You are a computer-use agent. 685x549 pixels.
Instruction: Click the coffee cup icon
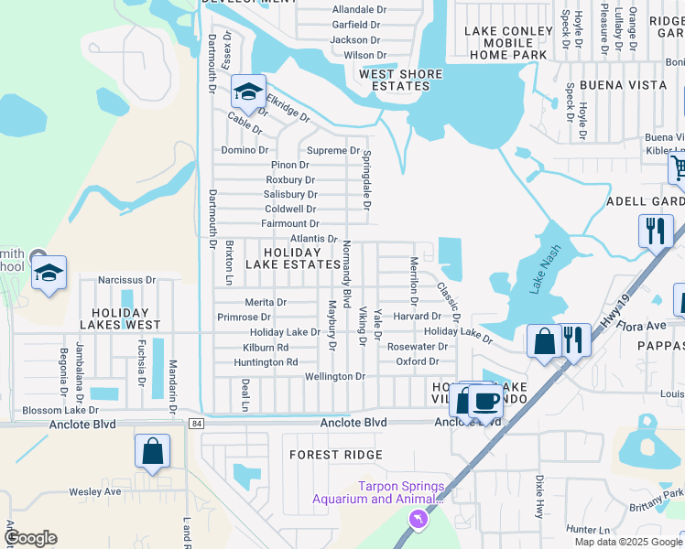[486, 402]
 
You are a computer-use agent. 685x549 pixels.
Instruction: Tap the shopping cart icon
[679, 168]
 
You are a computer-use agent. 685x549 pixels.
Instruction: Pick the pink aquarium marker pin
[418, 520]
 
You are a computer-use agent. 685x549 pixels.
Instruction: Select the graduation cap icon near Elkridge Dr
[247, 91]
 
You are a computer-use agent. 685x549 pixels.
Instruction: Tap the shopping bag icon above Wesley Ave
[152, 451]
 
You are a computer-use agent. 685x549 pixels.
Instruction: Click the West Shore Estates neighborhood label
[400, 80]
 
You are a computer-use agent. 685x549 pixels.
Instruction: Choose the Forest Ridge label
[335, 454]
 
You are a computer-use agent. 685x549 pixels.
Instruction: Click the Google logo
[30, 538]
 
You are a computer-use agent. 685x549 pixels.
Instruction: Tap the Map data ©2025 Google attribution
[628, 542]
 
